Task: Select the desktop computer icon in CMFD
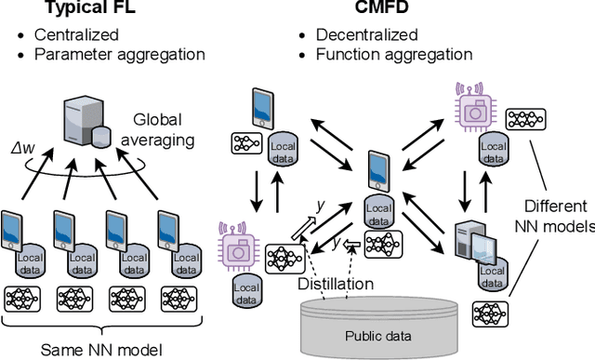tap(466, 245)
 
